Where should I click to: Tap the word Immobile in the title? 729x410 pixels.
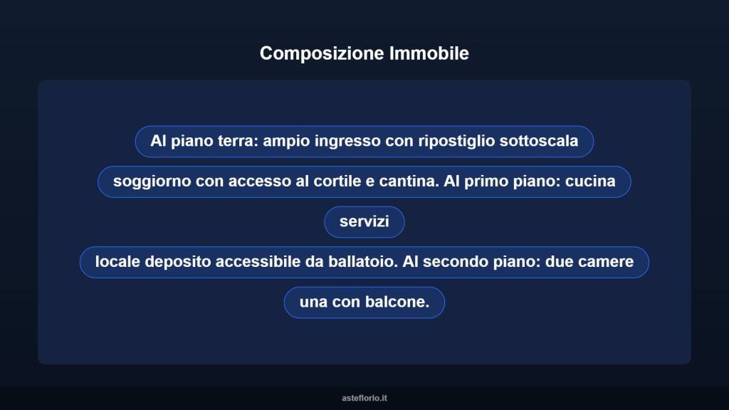429,53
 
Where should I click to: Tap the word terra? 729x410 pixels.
237,141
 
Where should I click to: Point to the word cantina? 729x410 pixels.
407,182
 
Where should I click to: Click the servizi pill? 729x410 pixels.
364,222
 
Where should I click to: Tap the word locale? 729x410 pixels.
117,262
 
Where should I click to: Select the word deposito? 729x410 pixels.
178,262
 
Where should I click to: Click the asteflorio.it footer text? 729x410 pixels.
364,398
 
